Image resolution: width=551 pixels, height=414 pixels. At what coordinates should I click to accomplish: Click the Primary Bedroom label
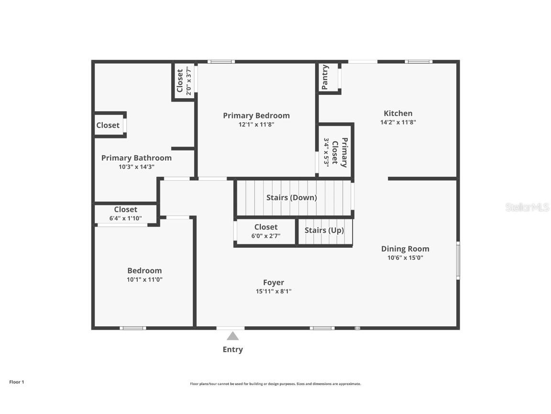coord(256,115)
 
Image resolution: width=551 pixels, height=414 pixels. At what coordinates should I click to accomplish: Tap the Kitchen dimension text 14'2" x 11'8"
coord(398,122)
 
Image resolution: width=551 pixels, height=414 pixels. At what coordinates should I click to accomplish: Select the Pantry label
coord(325,77)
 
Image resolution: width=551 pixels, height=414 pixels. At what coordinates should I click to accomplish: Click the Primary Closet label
coord(340,152)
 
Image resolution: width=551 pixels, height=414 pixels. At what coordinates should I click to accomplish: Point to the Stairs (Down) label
coord(291,197)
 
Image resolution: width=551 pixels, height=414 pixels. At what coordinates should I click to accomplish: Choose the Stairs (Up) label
coord(324,230)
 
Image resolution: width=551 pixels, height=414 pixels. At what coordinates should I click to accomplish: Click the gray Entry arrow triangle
coord(232,336)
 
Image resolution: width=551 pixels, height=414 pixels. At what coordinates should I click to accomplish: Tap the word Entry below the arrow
coord(232,350)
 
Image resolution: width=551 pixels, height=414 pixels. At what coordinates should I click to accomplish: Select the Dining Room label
coord(405,249)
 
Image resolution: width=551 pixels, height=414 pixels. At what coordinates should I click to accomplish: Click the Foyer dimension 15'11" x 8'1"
coord(273,291)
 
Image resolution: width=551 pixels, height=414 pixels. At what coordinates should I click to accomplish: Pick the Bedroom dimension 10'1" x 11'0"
coord(144,279)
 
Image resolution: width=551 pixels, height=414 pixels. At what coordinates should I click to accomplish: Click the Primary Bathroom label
coord(136,158)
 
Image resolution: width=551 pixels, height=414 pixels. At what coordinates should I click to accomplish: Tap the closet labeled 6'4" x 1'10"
coord(125,214)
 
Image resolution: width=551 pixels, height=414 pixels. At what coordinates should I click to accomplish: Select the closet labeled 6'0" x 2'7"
coord(266,231)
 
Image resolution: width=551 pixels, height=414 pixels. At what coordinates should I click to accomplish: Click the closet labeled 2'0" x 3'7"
coord(184,81)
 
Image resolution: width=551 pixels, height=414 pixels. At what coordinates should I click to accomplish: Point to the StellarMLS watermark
coord(528,207)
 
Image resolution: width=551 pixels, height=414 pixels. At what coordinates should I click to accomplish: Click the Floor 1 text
coord(16,382)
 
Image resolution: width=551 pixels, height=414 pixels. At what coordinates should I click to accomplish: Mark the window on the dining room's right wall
coord(458,261)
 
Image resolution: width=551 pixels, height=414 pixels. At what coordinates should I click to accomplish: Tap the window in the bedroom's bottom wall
coord(132,328)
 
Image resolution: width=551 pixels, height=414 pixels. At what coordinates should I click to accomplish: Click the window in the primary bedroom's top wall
coord(221,61)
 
